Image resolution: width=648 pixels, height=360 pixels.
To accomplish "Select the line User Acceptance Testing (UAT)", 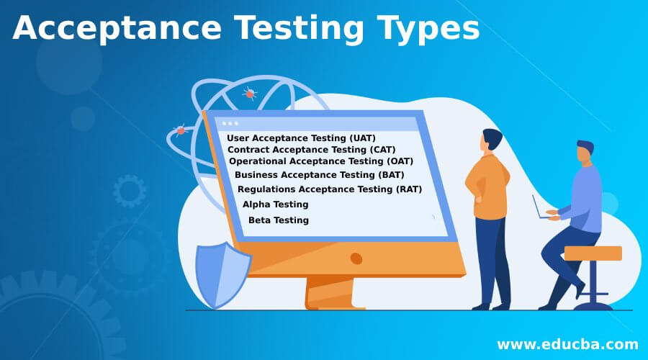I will (x=301, y=138).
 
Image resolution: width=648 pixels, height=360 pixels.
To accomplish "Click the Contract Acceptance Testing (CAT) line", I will (x=311, y=149).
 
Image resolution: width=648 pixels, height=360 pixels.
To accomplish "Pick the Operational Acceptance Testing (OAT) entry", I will (x=321, y=161).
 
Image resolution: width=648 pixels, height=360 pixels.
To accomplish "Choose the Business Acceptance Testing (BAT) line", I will (x=320, y=174).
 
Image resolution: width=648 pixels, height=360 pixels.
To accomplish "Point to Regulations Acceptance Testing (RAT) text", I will (x=329, y=189).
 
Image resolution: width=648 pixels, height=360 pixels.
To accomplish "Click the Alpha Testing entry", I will (x=275, y=204).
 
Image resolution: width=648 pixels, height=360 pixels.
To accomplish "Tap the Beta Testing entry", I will (x=278, y=220).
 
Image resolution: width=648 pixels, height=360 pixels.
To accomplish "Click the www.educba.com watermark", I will (x=567, y=343).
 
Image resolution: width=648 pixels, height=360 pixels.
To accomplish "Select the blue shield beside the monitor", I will (x=223, y=274).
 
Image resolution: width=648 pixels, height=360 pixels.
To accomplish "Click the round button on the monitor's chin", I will (x=356, y=258).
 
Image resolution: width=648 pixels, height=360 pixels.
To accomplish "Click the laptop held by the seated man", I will (x=541, y=207).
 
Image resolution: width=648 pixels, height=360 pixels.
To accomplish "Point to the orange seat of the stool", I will (x=593, y=253).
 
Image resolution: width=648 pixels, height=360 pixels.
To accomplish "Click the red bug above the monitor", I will (x=250, y=93).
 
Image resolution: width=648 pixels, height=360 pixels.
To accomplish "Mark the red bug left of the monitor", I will (x=180, y=130).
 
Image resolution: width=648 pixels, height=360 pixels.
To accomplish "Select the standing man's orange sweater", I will (x=487, y=187).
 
